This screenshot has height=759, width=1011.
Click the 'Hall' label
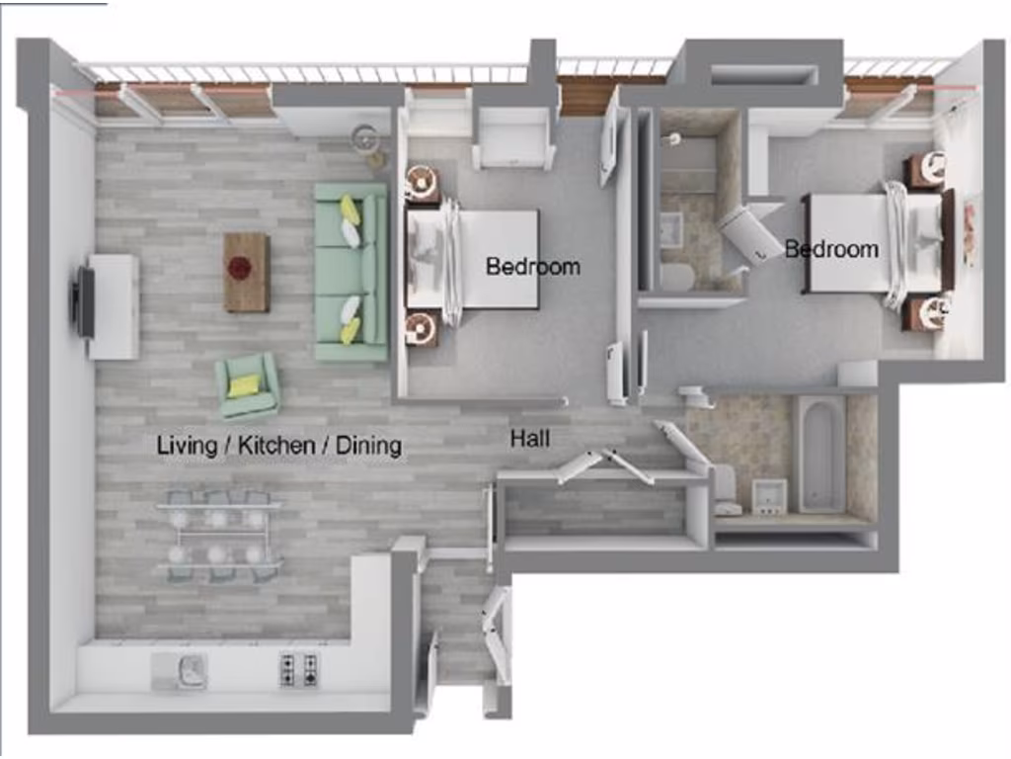(x=530, y=438)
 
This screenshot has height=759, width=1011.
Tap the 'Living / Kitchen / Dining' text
(x=279, y=446)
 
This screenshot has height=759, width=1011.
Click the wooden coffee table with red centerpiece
(x=246, y=272)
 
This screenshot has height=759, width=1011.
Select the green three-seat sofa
(x=350, y=272)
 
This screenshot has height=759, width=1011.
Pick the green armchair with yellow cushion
(x=248, y=386)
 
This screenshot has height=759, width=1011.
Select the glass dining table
(x=218, y=534)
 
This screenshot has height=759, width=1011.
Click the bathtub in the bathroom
(x=819, y=454)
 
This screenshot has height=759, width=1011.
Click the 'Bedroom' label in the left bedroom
(x=532, y=266)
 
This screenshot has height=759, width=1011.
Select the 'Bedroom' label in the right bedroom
(x=831, y=249)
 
